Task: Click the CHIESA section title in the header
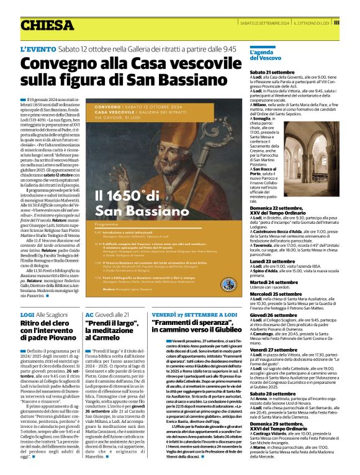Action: click(x=47, y=25)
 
